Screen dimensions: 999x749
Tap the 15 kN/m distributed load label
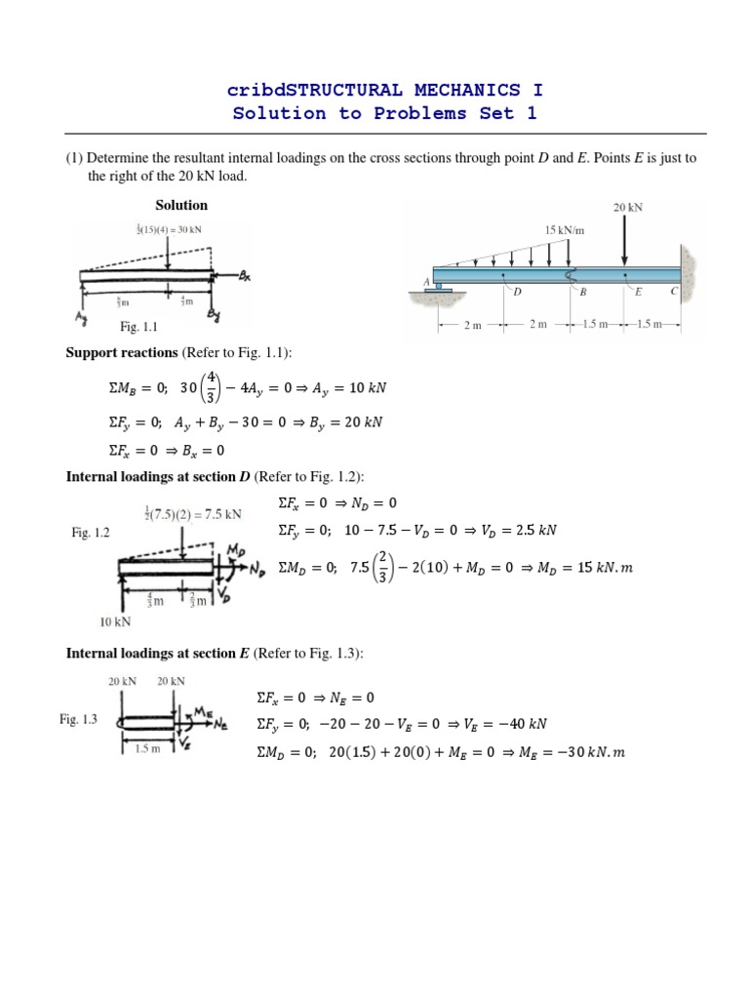[x=563, y=230]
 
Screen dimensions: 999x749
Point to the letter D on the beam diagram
[x=518, y=291]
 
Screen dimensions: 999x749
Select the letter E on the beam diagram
[x=638, y=291]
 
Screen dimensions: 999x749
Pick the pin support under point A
[x=440, y=287]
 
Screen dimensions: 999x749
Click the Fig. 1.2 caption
[x=93, y=533]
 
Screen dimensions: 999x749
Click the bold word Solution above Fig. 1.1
[x=181, y=205]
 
